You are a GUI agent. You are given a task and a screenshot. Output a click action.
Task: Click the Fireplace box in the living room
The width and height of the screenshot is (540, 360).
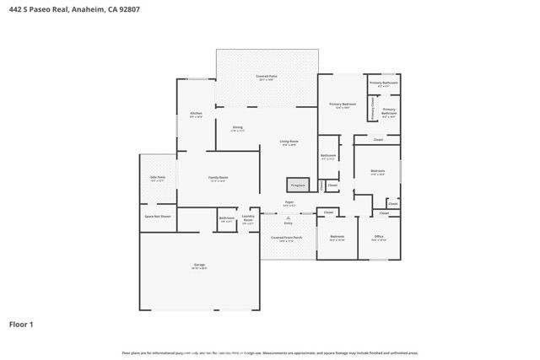point(297,185)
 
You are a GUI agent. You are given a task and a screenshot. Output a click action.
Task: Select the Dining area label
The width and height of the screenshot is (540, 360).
point(238,128)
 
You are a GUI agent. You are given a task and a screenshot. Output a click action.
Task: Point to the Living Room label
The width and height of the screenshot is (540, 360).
point(289,142)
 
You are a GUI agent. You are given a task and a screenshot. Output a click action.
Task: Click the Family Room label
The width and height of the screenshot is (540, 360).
point(219,178)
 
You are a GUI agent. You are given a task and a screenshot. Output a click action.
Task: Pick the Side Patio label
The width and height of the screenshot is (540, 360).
point(158,178)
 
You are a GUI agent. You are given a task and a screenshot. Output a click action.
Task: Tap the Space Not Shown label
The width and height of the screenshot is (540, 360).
point(158,217)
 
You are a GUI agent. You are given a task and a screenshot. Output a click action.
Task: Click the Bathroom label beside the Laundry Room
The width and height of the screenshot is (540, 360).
point(226,218)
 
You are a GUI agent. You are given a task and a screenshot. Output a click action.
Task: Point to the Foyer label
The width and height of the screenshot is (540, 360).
point(289,202)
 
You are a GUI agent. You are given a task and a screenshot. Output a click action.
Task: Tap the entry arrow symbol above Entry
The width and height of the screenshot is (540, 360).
point(289,217)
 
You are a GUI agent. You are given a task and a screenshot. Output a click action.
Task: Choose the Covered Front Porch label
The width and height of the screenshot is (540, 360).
point(287,238)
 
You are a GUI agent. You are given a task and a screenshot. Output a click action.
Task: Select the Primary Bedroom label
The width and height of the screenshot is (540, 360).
point(342,105)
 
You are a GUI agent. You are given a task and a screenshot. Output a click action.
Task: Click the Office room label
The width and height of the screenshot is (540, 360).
point(379,237)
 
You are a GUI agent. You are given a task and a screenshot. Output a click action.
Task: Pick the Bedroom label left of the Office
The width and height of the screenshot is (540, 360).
point(337,237)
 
